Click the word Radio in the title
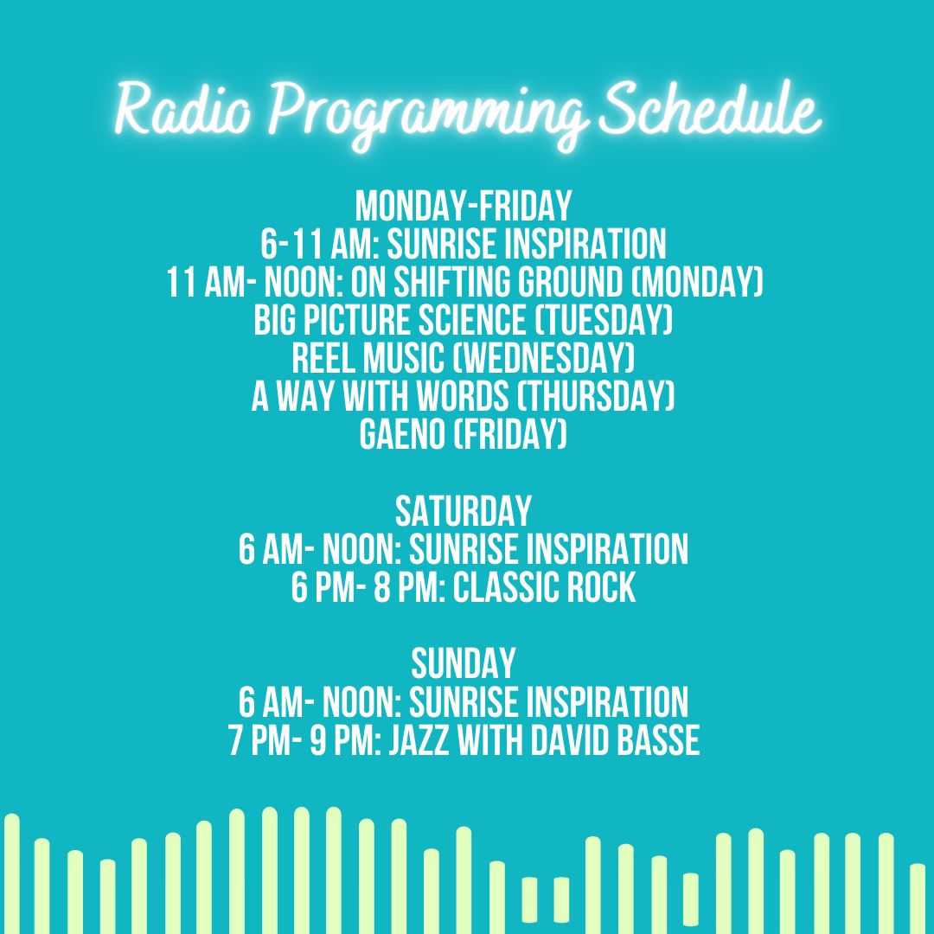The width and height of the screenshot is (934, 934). click(x=182, y=110)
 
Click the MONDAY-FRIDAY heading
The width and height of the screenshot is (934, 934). click(x=464, y=206)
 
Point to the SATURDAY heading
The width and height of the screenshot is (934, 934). click(x=464, y=511)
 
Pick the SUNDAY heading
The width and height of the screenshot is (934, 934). click(x=464, y=663)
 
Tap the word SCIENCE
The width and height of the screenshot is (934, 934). click(x=472, y=321)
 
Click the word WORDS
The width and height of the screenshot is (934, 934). click(x=462, y=397)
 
